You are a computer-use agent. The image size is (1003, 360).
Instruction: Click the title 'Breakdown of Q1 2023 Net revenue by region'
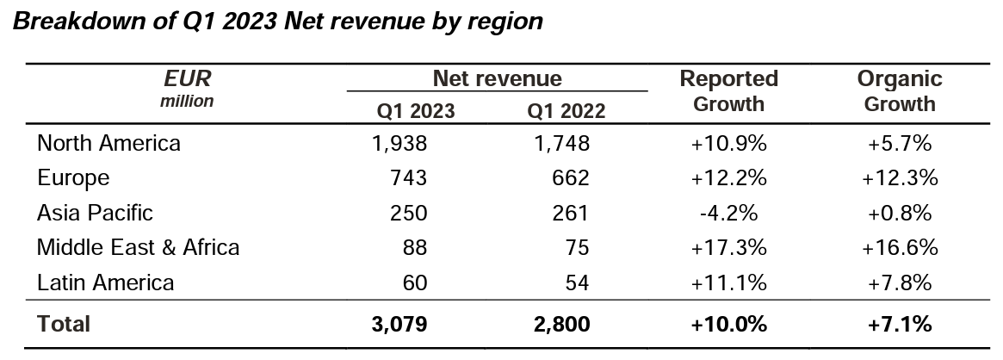point(278,22)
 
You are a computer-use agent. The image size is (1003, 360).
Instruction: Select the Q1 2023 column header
point(416,111)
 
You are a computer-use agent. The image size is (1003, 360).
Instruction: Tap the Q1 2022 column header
point(567,111)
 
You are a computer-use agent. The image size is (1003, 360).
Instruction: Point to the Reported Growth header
point(728,91)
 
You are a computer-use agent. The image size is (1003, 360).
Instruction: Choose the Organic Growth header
point(899,91)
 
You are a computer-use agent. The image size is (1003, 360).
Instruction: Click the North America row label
point(108,143)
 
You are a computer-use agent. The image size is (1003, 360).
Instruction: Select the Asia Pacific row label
point(95,212)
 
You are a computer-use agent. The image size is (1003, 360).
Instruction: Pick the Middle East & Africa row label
point(138,247)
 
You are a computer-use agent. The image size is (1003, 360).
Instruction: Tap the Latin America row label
point(105,282)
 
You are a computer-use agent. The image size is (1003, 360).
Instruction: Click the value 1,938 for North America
point(399,143)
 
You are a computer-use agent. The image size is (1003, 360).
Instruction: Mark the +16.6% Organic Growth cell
point(899,247)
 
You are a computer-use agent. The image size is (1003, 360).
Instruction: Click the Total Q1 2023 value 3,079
point(399,324)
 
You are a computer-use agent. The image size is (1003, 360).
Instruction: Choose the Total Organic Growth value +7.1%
point(899,324)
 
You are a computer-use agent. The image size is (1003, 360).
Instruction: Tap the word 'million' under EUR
point(187,101)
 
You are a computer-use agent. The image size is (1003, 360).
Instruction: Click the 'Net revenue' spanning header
point(497,79)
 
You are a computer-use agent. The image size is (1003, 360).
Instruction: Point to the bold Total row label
point(63,324)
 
